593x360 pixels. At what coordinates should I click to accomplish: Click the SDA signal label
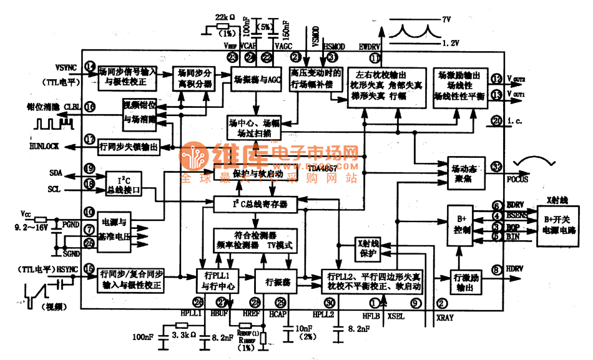[x=56, y=172]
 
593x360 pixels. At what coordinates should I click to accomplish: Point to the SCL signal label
[x=55, y=188]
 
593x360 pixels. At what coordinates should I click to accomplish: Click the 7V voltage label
[x=446, y=20]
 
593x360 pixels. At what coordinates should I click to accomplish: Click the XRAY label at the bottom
[x=446, y=318]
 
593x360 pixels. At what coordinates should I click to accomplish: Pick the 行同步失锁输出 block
[x=129, y=147]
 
